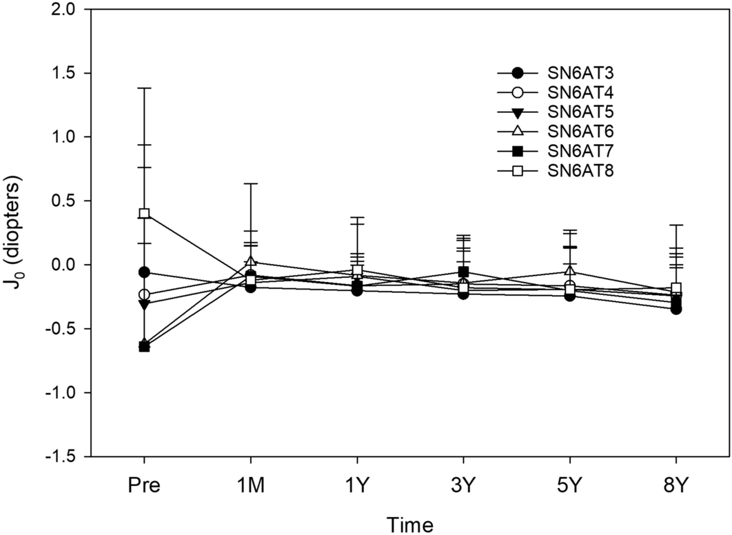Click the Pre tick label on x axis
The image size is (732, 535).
(144, 485)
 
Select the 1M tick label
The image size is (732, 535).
(250, 485)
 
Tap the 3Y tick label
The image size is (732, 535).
(463, 485)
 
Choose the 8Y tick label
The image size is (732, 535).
(675, 485)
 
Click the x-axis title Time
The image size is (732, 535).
(409, 524)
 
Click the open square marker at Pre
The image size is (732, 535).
(144, 214)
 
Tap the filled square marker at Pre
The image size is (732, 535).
(144, 347)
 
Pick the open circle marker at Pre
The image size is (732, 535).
(144, 295)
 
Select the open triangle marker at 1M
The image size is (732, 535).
(250, 262)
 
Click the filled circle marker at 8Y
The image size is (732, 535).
(676, 310)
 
